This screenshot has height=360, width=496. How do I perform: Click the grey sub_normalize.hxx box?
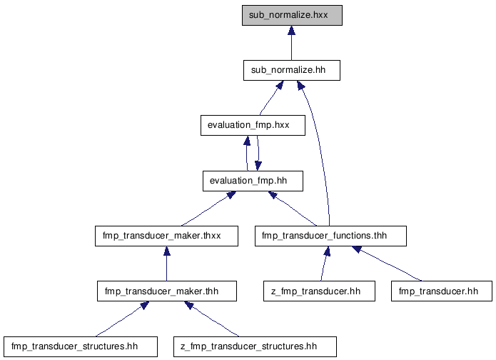[x=292, y=15]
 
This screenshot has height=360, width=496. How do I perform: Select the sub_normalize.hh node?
[x=292, y=70]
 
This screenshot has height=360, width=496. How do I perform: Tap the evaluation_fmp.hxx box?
[x=253, y=125]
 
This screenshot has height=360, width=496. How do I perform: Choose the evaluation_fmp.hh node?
[x=253, y=181]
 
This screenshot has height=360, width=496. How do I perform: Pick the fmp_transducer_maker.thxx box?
[x=166, y=236]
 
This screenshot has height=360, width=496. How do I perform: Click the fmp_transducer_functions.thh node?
[x=330, y=236]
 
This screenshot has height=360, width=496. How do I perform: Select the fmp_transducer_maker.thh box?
[x=167, y=291]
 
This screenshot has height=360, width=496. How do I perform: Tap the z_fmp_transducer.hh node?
[x=319, y=291]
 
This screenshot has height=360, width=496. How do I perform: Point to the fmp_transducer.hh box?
[x=442, y=291]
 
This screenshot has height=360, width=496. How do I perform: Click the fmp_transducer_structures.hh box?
[x=81, y=346]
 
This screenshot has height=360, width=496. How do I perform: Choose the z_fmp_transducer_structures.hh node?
[x=255, y=346]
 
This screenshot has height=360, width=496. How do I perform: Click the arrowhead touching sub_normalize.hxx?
[x=292, y=30]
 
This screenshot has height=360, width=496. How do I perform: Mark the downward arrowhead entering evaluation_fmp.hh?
[x=258, y=166]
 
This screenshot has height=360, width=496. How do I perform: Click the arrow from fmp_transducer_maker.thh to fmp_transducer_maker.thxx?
[x=167, y=264]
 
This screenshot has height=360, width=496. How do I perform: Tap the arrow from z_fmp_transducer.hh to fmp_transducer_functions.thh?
[x=325, y=264]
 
